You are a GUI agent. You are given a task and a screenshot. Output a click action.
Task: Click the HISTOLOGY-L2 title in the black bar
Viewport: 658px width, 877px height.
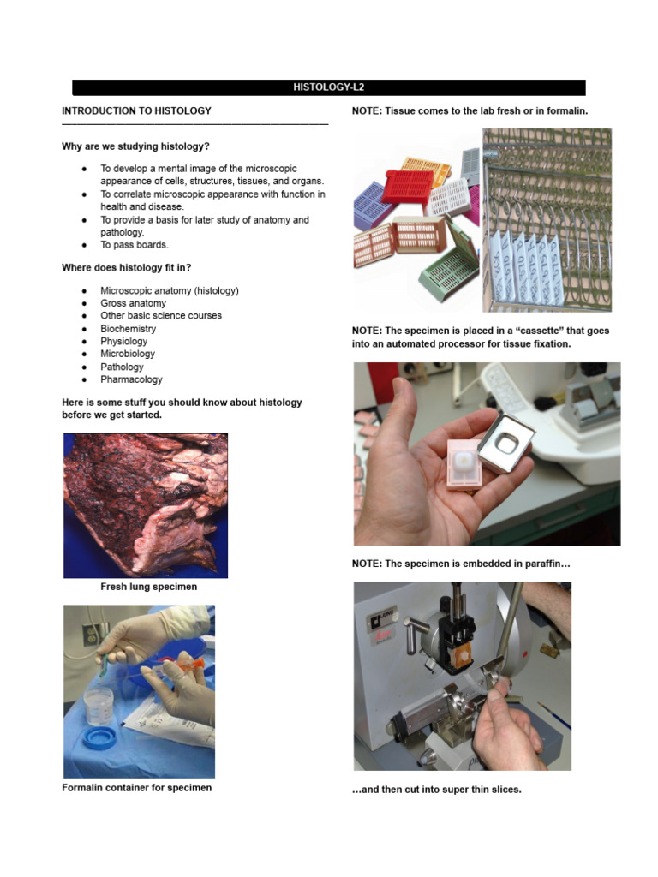[x=329, y=87]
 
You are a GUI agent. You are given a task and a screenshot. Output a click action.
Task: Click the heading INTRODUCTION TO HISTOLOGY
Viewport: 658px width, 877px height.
[x=136, y=111]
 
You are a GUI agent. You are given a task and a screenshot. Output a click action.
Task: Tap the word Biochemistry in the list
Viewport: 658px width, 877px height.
[x=128, y=329]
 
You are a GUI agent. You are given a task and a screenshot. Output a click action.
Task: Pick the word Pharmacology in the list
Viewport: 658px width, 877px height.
[x=131, y=379]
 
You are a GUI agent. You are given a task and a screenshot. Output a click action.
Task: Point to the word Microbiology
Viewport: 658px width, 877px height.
[x=128, y=354]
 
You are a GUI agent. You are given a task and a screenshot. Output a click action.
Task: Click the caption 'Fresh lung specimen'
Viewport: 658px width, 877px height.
[x=148, y=587]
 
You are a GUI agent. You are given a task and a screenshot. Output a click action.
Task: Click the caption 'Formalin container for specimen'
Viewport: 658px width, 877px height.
[x=136, y=788]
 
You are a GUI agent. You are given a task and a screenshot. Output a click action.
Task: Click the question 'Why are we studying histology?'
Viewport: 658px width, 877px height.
[x=135, y=146]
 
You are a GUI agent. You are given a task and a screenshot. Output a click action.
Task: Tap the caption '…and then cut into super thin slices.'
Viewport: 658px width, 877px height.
[x=436, y=790]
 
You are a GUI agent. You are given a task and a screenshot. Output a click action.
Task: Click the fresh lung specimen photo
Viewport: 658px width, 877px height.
[x=146, y=505]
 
